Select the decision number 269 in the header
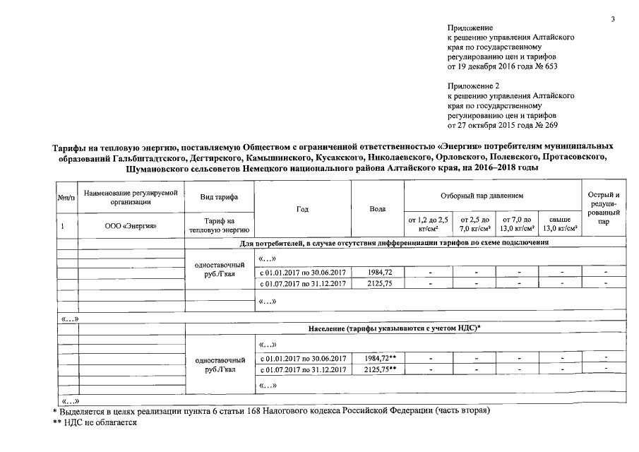pyautogui.click(x=550, y=125)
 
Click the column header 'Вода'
pyautogui.click(x=377, y=209)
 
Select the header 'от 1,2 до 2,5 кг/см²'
pyautogui.click(x=429, y=224)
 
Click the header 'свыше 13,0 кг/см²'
pyautogui.click(x=560, y=224)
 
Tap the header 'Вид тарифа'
pyautogui.click(x=219, y=196)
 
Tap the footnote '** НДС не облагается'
pyautogui.click(x=95, y=422)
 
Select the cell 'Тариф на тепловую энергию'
pyautogui.click(x=219, y=225)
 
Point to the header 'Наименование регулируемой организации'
pyautogui.click(x=130, y=196)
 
